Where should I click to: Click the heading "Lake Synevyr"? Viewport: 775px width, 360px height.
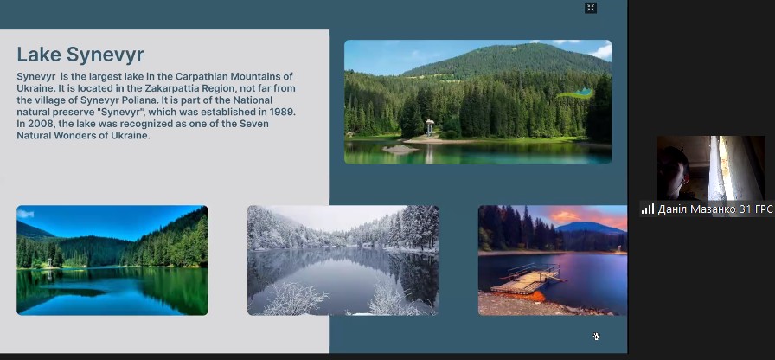click(80, 55)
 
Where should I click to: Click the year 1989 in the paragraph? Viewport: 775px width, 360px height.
click(282, 112)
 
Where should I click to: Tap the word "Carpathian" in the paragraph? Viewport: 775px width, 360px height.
click(202, 76)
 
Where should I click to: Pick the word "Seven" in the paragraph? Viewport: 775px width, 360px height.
click(254, 124)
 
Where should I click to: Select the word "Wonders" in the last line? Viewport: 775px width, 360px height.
click(74, 136)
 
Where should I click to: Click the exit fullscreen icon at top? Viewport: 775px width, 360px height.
click(591, 8)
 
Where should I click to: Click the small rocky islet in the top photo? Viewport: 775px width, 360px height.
click(400, 148)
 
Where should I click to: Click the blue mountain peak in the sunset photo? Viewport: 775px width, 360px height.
click(589, 228)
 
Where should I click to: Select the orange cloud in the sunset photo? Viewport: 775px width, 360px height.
click(567, 216)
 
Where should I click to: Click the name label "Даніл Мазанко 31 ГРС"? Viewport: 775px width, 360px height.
click(714, 209)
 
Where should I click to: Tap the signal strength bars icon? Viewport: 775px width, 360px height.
click(648, 209)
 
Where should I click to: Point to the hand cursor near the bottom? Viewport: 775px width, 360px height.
click(597, 337)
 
